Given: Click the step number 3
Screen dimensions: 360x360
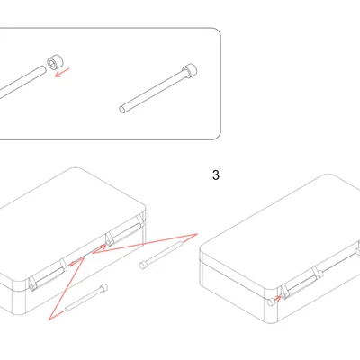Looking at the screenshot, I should click(x=215, y=175).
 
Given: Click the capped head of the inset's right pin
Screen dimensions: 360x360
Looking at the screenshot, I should click(x=188, y=69).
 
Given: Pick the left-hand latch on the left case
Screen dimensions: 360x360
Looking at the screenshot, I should click(x=49, y=274).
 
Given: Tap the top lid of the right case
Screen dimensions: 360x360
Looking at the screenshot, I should click(x=279, y=220).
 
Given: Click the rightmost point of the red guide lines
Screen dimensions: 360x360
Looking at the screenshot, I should click(x=196, y=233).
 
